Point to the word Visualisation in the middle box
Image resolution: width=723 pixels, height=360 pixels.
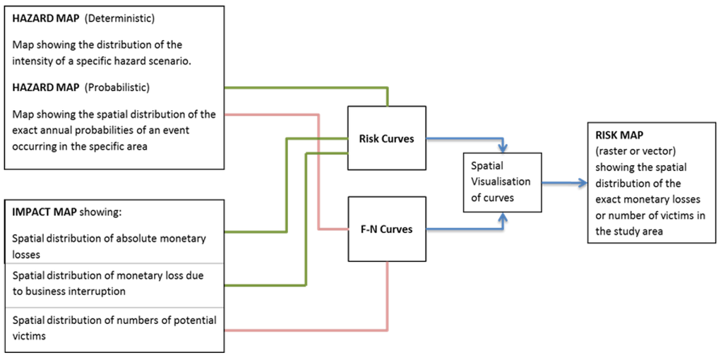click(501, 181)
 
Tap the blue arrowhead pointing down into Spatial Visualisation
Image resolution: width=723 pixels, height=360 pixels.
click(503, 148)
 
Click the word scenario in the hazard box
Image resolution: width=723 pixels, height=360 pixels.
click(167, 61)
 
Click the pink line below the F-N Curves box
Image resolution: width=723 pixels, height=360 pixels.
click(387, 296)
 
